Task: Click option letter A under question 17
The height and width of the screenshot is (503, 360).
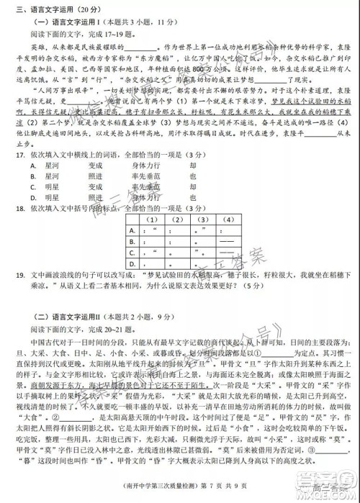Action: point(34,164)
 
